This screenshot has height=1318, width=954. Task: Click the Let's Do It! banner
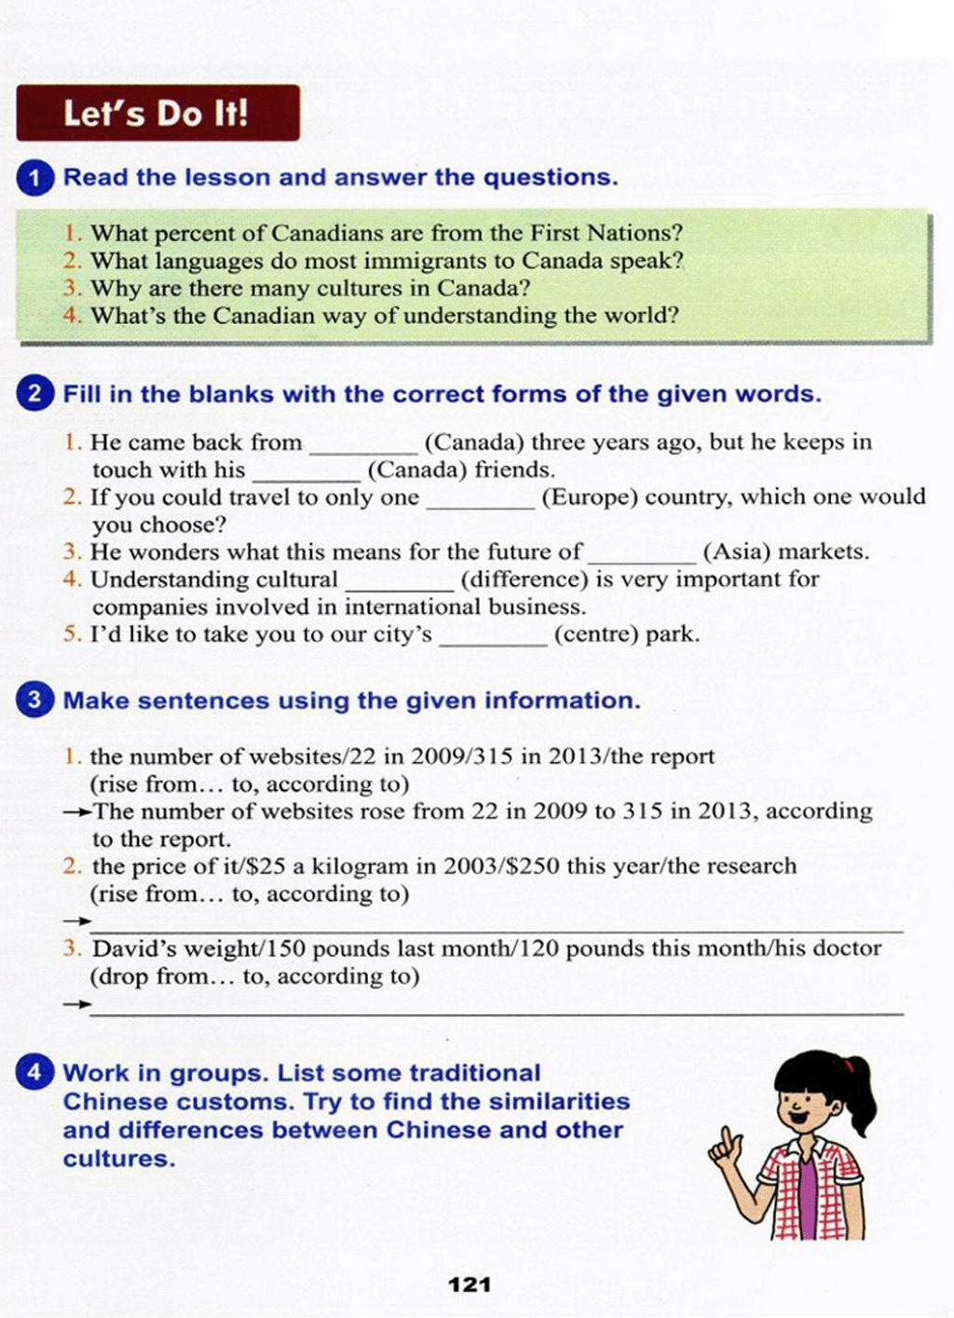pos(157,113)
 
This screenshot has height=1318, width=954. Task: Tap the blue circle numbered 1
pos(35,178)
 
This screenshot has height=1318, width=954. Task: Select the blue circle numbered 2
pos(35,394)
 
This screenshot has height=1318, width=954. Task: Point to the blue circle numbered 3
pos(35,700)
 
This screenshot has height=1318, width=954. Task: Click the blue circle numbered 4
pos(35,1073)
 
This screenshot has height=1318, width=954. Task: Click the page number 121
pos(470,1284)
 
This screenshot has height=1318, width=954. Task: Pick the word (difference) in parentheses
pos(525,579)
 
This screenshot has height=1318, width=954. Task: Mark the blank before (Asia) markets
pos(642,557)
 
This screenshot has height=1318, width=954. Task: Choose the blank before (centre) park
pos(493,640)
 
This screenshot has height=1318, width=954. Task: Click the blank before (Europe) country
pos(480,503)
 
